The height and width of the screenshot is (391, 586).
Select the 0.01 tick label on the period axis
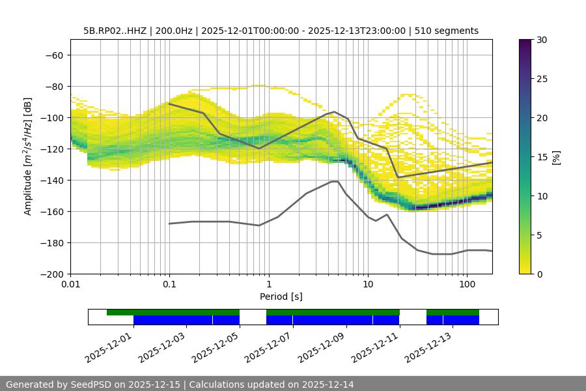pos(70,285)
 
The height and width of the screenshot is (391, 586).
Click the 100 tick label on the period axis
pos(467,285)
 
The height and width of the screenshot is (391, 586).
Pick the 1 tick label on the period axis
pos(269,285)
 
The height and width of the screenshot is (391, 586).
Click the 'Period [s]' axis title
pos(281,297)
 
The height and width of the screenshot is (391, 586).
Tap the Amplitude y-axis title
pos(28,156)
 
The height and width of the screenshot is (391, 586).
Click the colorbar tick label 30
pos(541,40)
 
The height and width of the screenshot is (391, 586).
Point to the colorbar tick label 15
pos(541,157)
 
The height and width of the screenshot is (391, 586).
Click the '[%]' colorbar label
pos(556,157)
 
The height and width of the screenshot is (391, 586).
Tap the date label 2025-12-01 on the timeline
pos(109,345)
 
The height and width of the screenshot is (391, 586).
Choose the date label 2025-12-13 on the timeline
pos(428,345)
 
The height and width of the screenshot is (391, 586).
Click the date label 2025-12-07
pos(268,345)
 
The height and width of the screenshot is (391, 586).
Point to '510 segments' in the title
pos(449,31)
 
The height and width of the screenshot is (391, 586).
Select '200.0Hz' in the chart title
pos(174,31)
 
